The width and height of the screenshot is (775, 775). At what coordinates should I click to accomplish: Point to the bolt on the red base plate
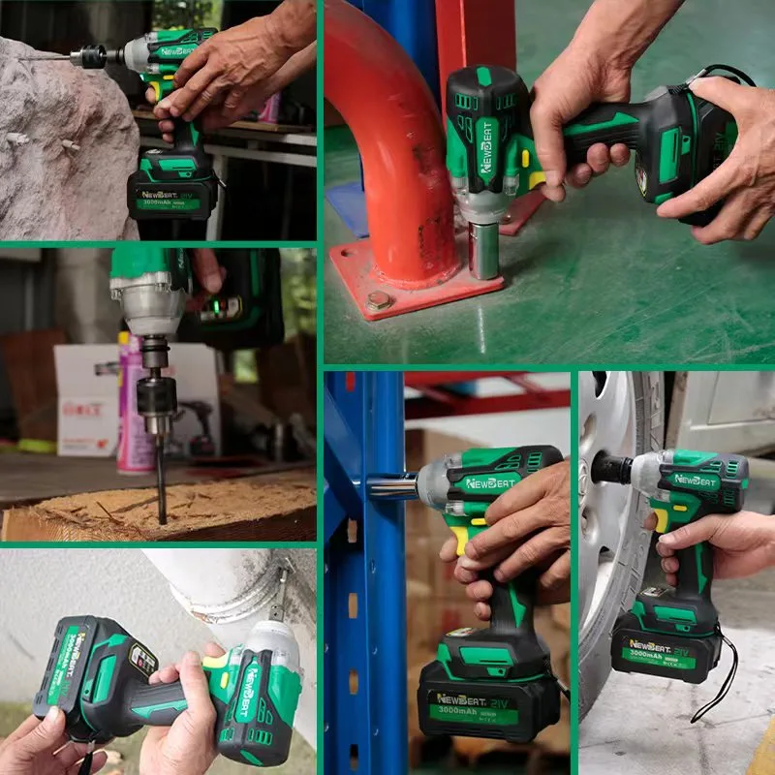(x=379, y=302)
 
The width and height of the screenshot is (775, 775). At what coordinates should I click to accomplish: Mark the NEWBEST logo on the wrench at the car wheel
(x=695, y=479)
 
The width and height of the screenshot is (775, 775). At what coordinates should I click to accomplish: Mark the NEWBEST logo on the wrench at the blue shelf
(x=492, y=481)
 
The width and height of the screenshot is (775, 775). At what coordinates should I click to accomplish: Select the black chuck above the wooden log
(x=155, y=397)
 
